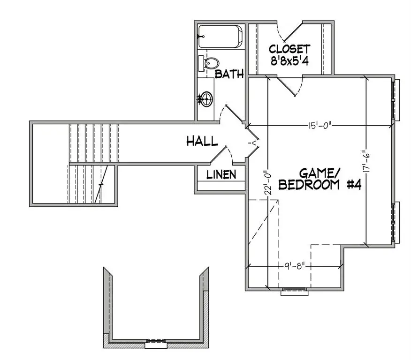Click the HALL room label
(x=202, y=141)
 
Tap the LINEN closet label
(x=221, y=175)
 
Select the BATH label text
(x=229, y=74)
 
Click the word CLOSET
(x=289, y=49)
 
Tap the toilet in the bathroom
(x=210, y=63)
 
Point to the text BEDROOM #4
(x=319, y=185)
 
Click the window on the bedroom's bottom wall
(x=294, y=291)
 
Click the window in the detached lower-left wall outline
(x=154, y=343)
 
